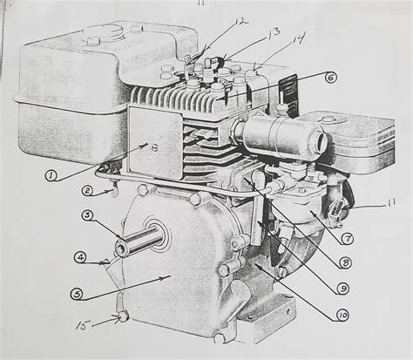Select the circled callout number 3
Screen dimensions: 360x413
click(x=88, y=215)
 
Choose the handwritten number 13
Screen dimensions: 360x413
click(x=248, y=34)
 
